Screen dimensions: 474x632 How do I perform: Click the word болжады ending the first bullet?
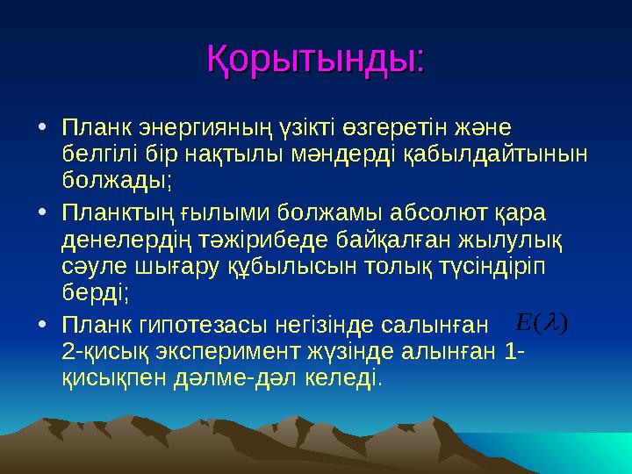[x=117, y=182]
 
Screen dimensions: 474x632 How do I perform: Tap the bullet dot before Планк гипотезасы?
[x=43, y=325]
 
